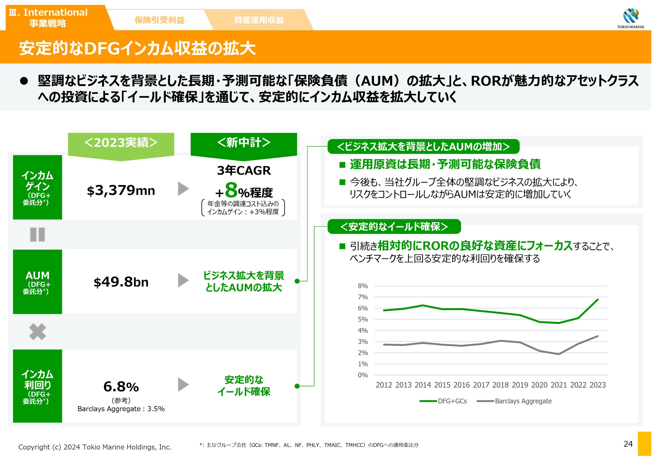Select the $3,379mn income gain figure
point(121,190)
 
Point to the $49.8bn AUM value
point(121,282)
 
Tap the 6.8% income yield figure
point(121,387)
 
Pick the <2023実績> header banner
point(121,143)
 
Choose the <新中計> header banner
point(244,143)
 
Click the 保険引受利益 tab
point(159,20)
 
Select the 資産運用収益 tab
point(259,20)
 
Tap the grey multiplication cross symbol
point(37,331)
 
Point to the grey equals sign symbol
point(37,234)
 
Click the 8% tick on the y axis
point(363,286)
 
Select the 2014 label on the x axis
point(423,385)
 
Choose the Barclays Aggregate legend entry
point(514,401)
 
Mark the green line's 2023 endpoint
point(598,299)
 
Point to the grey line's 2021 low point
point(559,354)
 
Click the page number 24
point(628,444)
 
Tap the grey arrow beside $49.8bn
point(183,281)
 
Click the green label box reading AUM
point(37,282)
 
